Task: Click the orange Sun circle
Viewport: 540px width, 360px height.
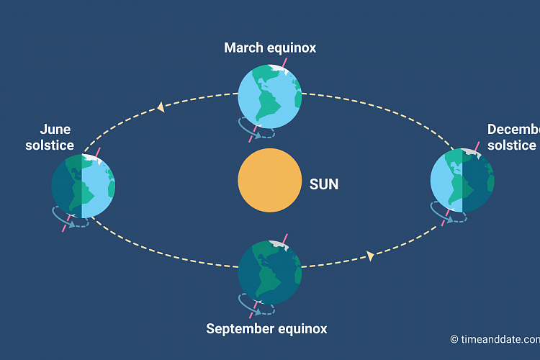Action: click(269, 181)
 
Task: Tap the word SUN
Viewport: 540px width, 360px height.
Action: click(323, 184)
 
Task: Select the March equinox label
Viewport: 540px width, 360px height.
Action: click(270, 48)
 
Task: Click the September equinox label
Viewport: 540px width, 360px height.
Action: click(266, 329)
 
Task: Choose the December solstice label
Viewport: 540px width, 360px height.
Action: click(513, 137)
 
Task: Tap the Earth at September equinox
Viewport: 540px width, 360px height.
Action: click(269, 269)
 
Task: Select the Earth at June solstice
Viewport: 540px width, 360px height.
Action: click(84, 186)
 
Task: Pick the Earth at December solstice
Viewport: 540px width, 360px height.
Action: click(462, 180)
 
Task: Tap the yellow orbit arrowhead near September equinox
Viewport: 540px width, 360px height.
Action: click(370, 255)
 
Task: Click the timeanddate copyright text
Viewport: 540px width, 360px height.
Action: click(496, 339)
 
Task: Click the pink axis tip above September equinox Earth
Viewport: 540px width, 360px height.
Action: click(286, 236)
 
